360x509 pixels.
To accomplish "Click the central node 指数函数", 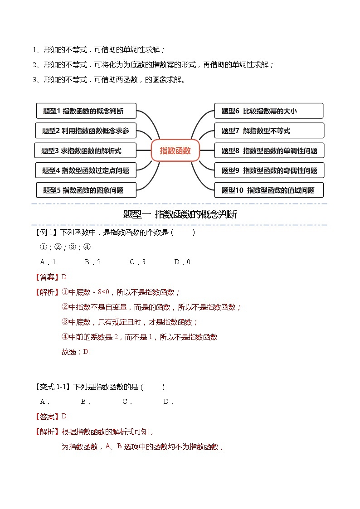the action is [x=175, y=150].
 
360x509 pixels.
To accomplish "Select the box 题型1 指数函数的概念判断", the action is [x=86, y=111].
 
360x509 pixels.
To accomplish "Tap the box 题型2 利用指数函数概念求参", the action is [x=86, y=131].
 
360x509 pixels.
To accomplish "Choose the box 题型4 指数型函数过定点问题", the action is [x=86, y=170].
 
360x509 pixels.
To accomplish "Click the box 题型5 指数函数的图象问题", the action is [x=86, y=190].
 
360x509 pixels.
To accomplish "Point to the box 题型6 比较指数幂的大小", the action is [x=269, y=111].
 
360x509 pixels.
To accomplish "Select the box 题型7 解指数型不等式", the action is [x=269, y=131].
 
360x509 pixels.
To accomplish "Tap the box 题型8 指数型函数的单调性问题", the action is [x=269, y=150].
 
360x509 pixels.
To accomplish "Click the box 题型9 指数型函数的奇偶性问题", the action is [x=269, y=170].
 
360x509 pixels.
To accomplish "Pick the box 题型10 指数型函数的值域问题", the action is [x=269, y=190].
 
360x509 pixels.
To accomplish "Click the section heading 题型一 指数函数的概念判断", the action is [x=180, y=214].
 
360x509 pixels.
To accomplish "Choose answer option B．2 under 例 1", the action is [x=92, y=262].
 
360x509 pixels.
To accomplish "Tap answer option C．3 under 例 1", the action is [x=137, y=262].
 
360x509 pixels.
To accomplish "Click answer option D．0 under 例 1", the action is [x=182, y=262].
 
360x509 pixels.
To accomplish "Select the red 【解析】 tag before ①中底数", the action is [x=47, y=292].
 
